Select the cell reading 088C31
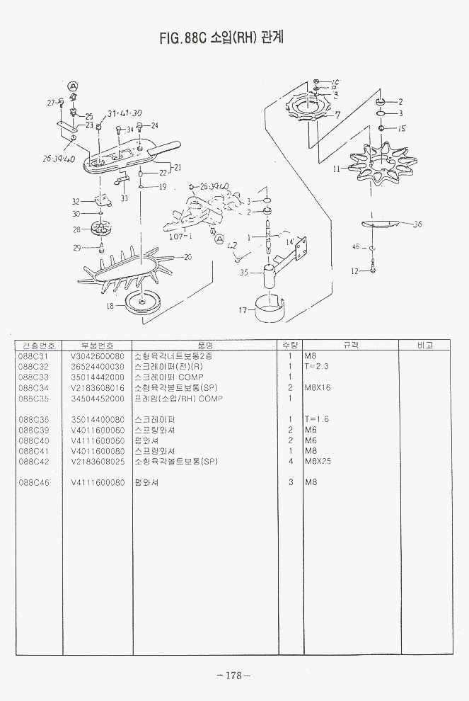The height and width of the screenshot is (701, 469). (x=33, y=356)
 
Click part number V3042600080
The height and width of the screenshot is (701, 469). (x=98, y=356)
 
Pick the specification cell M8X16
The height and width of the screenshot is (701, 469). (x=318, y=388)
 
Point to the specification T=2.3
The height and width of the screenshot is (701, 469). (x=316, y=367)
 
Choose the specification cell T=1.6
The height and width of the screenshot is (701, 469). (x=316, y=420)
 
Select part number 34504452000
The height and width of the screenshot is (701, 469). (x=98, y=399)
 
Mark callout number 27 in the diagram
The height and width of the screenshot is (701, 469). (x=51, y=103)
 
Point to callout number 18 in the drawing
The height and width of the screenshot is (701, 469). (x=110, y=306)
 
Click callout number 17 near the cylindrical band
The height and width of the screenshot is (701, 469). (x=242, y=309)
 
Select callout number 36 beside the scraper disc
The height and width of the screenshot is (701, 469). (x=417, y=224)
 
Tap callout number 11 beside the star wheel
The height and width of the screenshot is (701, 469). (x=337, y=169)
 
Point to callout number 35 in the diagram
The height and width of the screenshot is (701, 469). (x=243, y=272)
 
